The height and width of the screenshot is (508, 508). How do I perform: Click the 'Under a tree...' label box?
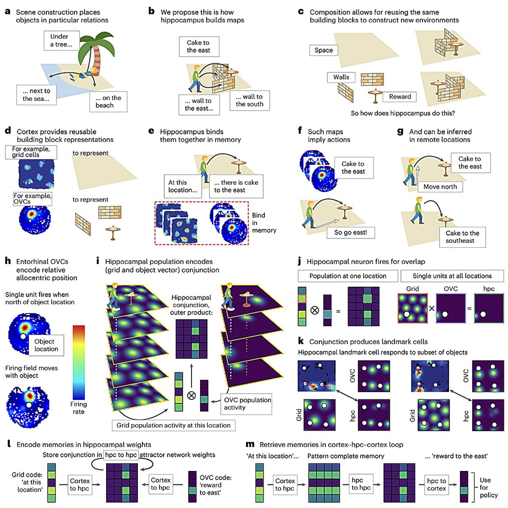point(62,40)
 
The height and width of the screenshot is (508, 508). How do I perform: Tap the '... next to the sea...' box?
point(36,95)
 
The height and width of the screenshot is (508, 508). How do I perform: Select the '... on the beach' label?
point(108,102)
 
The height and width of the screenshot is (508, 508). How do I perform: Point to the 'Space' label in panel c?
point(324,50)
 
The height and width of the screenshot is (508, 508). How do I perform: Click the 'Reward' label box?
point(400,97)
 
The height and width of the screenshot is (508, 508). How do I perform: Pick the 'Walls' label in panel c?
point(341,77)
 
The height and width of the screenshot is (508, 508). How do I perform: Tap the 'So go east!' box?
point(350,233)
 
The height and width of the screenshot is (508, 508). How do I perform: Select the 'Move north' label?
point(440,187)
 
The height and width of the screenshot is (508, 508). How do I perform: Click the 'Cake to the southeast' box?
point(462,237)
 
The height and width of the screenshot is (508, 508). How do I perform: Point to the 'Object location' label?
point(46,345)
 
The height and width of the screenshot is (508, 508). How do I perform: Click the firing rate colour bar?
point(79,363)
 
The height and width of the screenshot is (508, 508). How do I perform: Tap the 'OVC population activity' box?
point(246,404)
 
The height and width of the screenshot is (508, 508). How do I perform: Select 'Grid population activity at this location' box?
point(174,425)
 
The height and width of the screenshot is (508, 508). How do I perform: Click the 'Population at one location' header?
point(348,276)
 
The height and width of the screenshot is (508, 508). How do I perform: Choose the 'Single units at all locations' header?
point(452,276)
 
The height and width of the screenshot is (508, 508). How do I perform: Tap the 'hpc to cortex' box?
point(437,484)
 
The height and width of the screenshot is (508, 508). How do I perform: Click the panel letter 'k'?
point(301,341)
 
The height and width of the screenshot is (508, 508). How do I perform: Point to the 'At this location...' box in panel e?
point(183,186)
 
